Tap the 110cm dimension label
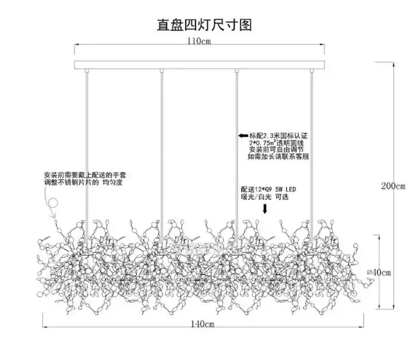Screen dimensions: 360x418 (199, 42)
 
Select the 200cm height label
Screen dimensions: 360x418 (393, 185)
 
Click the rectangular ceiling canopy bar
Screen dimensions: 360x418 (199, 64)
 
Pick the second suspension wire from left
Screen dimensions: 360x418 (162, 149)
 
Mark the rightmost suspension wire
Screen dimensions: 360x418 (311, 149)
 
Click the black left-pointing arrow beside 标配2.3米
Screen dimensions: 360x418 (243, 136)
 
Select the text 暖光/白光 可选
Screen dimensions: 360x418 (267, 196)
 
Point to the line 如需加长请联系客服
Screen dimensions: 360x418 (278, 157)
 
